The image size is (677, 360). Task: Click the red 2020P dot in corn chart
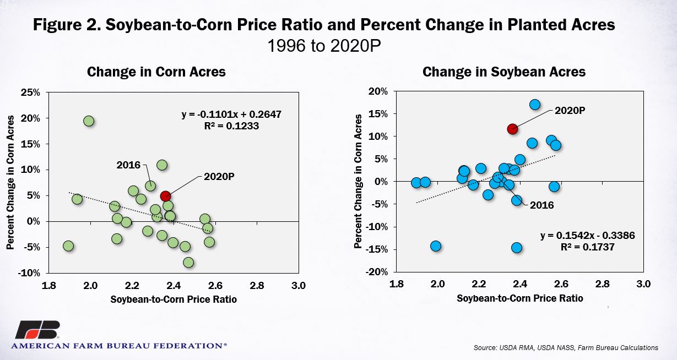tap(165, 196)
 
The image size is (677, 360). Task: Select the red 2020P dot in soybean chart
tap(512, 129)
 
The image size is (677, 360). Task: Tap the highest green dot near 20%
tap(89, 121)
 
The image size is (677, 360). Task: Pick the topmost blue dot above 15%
tap(535, 105)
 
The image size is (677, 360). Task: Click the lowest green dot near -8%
tap(188, 263)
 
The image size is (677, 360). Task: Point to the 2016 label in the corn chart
tap(128, 165)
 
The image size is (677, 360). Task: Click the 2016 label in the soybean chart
tap(542, 205)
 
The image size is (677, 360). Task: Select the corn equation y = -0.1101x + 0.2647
tap(231, 114)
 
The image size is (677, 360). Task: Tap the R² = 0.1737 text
tap(588, 247)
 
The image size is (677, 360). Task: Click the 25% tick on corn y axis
tap(30, 92)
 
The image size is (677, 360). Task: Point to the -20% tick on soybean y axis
tap(376, 272)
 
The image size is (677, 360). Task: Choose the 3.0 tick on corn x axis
tap(299, 285)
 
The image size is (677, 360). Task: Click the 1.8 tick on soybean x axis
tap(396, 284)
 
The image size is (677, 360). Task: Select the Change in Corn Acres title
tap(156, 72)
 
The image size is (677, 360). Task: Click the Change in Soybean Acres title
tap(504, 72)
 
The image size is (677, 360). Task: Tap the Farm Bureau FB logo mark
tap(38, 330)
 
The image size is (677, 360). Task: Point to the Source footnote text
tap(566, 348)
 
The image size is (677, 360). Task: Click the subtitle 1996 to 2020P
tap(324, 46)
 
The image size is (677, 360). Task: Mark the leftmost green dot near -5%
tap(68, 246)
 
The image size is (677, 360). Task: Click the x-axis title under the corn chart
tap(174, 299)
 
